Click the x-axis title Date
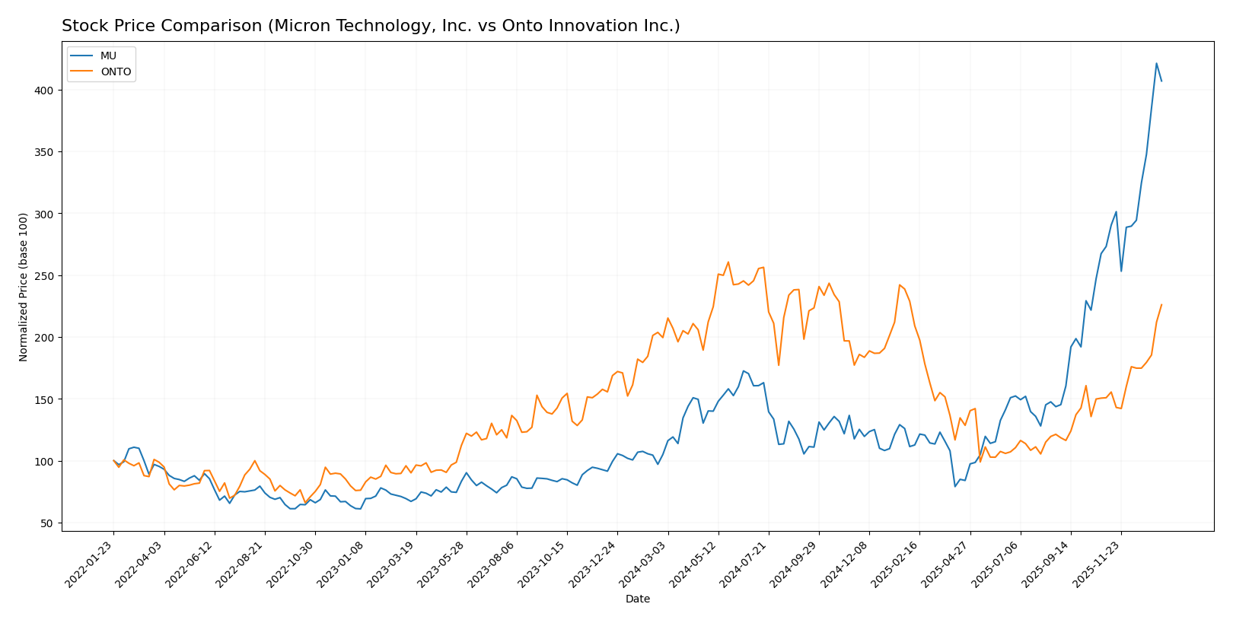coord(638,599)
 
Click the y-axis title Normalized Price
coord(24,287)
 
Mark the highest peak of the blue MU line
coord(1156,63)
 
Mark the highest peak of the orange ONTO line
coord(728,262)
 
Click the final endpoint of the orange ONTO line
coord(1161,304)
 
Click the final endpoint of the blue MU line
coord(1161,81)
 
